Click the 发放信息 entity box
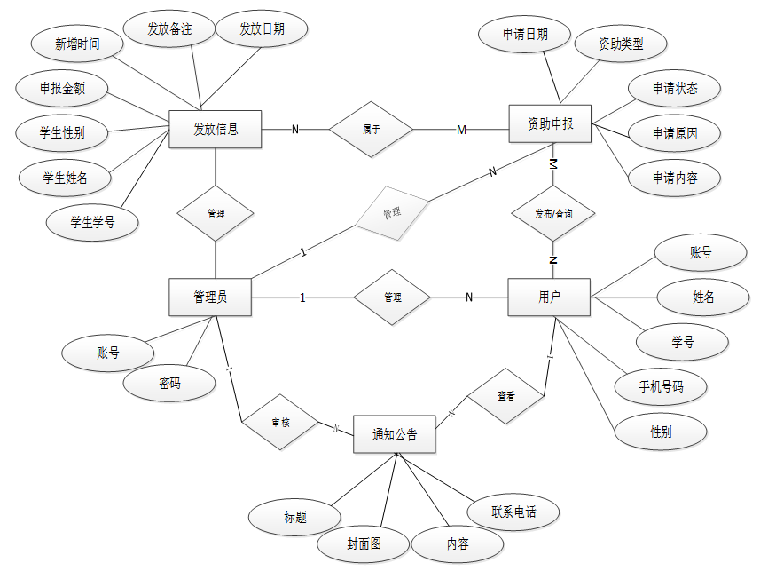[x=216, y=129]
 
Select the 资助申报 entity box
[x=550, y=124]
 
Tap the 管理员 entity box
[x=210, y=297]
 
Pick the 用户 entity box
[x=549, y=297]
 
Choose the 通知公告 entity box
[x=395, y=435]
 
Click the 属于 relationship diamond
[x=372, y=130]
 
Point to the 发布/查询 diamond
[x=552, y=214]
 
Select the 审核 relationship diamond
[x=280, y=424]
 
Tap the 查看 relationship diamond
[x=505, y=395]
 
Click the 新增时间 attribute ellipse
[x=77, y=44]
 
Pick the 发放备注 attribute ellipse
[x=169, y=29]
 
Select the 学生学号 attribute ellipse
[x=93, y=222]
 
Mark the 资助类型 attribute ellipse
[x=621, y=43]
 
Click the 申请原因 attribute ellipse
[x=675, y=133]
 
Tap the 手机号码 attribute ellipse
[x=662, y=386]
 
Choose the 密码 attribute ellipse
[x=169, y=384]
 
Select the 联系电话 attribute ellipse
[x=513, y=512]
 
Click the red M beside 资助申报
[x=461, y=131]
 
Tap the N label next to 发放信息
[x=295, y=130]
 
